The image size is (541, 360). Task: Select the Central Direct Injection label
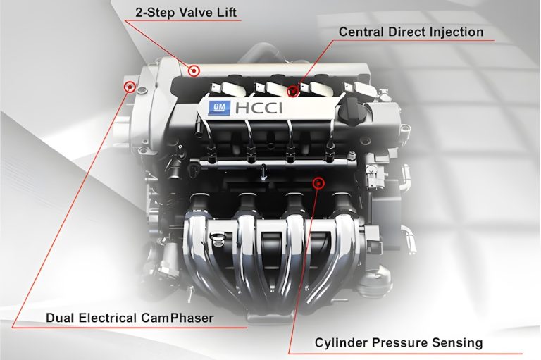click(x=411, y=32)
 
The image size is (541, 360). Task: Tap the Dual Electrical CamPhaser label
click(x=129, y=318)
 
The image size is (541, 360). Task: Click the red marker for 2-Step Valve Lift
click(x=194, y=70)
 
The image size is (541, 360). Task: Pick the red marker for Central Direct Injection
click(x=294, y=91)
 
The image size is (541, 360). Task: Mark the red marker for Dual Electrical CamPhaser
click(x=130, y=87)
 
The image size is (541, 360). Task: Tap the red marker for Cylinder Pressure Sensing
click(x=318, y=183)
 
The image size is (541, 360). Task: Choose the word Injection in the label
click(x=456, y=32)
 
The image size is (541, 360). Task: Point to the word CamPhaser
click(x=180, y=318)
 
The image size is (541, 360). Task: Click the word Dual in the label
click(x=60, y=318)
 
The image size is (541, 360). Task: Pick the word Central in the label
click(x=360, y=32)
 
